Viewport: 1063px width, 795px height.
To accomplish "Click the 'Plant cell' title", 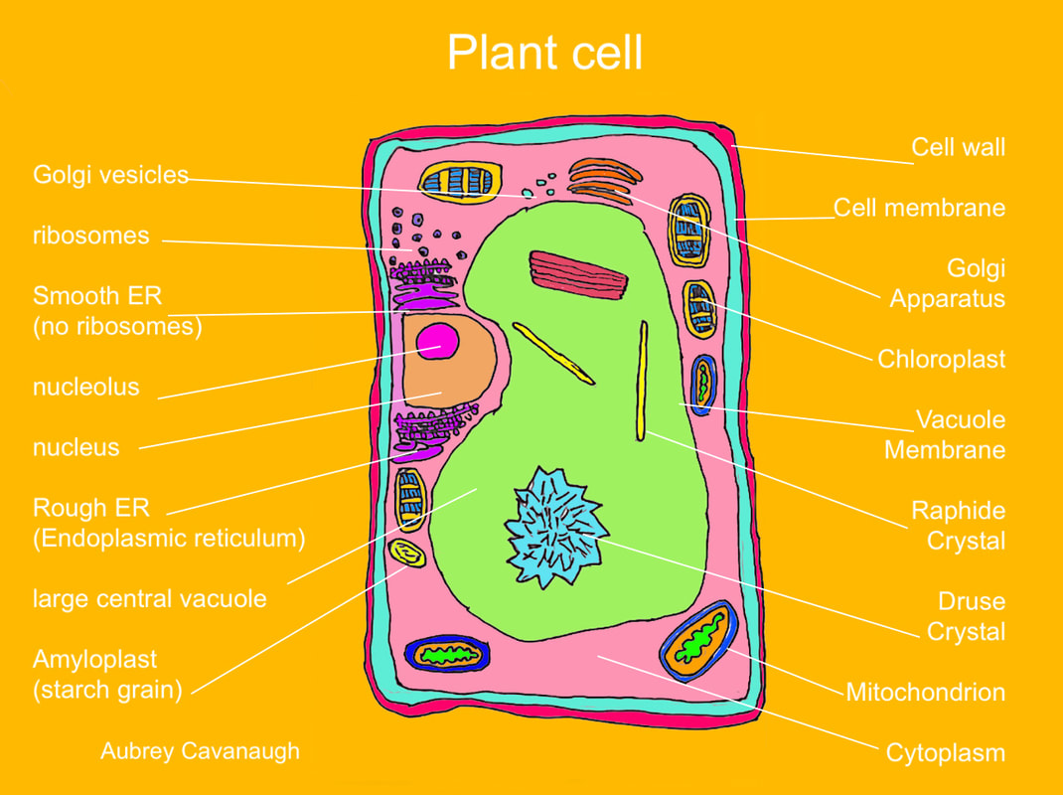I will [544, 52].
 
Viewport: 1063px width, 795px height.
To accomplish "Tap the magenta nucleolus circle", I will [438, 342].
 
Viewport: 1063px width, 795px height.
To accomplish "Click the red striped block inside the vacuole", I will [579, 274].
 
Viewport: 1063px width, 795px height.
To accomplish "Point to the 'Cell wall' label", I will [958, 148].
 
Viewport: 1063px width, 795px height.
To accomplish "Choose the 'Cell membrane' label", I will [919, 208].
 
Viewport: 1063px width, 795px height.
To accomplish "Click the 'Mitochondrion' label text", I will [925, 692].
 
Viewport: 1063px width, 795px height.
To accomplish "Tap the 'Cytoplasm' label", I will [945, 752].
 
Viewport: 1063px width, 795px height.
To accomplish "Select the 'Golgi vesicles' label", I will [110, 175].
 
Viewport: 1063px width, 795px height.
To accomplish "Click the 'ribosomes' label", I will [90, 236].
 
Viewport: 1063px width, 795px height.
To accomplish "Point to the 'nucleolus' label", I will [86, 387].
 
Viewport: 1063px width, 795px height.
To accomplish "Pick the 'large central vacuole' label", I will [149, 598].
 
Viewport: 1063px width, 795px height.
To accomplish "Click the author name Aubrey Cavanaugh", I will [200, 750].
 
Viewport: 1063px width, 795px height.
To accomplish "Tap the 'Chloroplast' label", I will [941, 359].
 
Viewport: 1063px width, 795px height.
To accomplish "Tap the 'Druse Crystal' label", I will [965, 616].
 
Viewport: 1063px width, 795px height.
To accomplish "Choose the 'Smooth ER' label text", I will [97, 296].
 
